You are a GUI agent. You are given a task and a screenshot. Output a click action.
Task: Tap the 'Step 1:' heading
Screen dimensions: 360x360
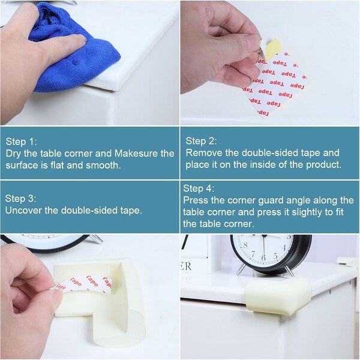pos(21,142)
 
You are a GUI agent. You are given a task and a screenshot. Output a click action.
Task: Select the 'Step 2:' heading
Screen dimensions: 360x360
pos(201,141)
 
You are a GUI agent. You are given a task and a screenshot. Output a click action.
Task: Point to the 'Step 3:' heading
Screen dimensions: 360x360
pos(20,199)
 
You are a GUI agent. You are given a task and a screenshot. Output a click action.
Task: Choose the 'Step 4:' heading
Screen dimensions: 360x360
pos(199,188)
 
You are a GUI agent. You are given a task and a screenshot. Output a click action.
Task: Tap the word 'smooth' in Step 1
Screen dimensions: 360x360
pos(102,166)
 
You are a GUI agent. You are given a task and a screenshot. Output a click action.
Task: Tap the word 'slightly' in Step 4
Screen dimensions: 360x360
pos(307,212)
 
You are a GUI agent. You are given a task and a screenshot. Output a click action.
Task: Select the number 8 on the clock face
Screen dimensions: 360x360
pos(245,245)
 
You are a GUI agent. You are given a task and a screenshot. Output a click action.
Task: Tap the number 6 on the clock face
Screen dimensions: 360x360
pos(263,257)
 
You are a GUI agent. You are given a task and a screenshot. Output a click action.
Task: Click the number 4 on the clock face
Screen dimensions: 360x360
pos(284,248)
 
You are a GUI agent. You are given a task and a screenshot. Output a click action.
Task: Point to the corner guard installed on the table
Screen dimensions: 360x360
pos(278,296)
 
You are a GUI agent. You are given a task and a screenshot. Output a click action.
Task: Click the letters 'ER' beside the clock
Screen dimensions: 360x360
pos(185,266)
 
